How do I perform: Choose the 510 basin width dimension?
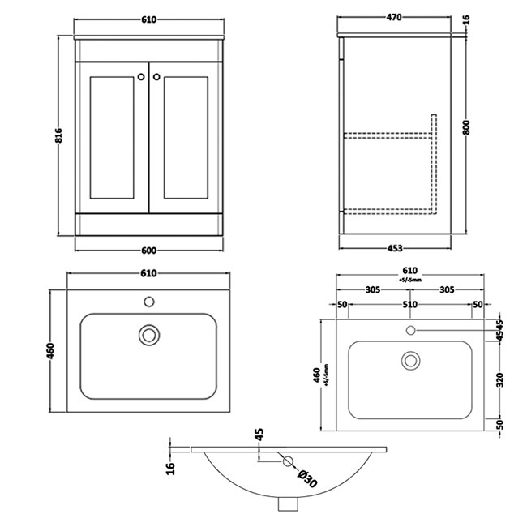point(410,305)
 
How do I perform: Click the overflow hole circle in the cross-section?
point(287,462)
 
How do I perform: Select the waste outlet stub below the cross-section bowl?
point(287,503)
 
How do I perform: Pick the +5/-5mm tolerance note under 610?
point(409,280)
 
